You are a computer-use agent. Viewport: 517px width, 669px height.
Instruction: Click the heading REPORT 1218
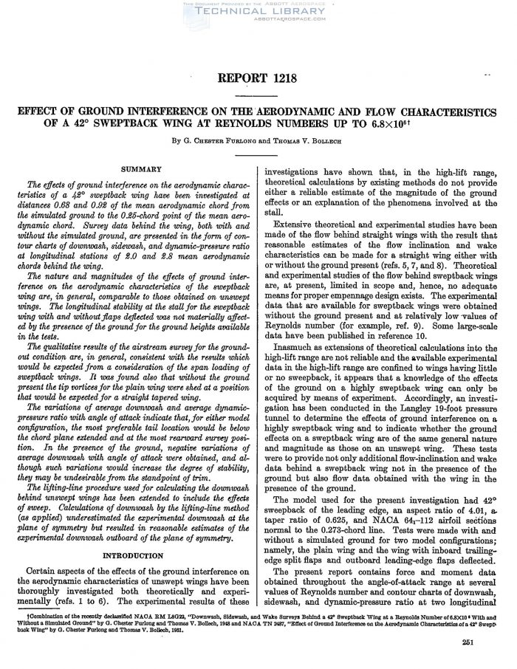pos(258,79)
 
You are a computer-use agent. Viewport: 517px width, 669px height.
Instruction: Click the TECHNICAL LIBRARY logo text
pos(258,13)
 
